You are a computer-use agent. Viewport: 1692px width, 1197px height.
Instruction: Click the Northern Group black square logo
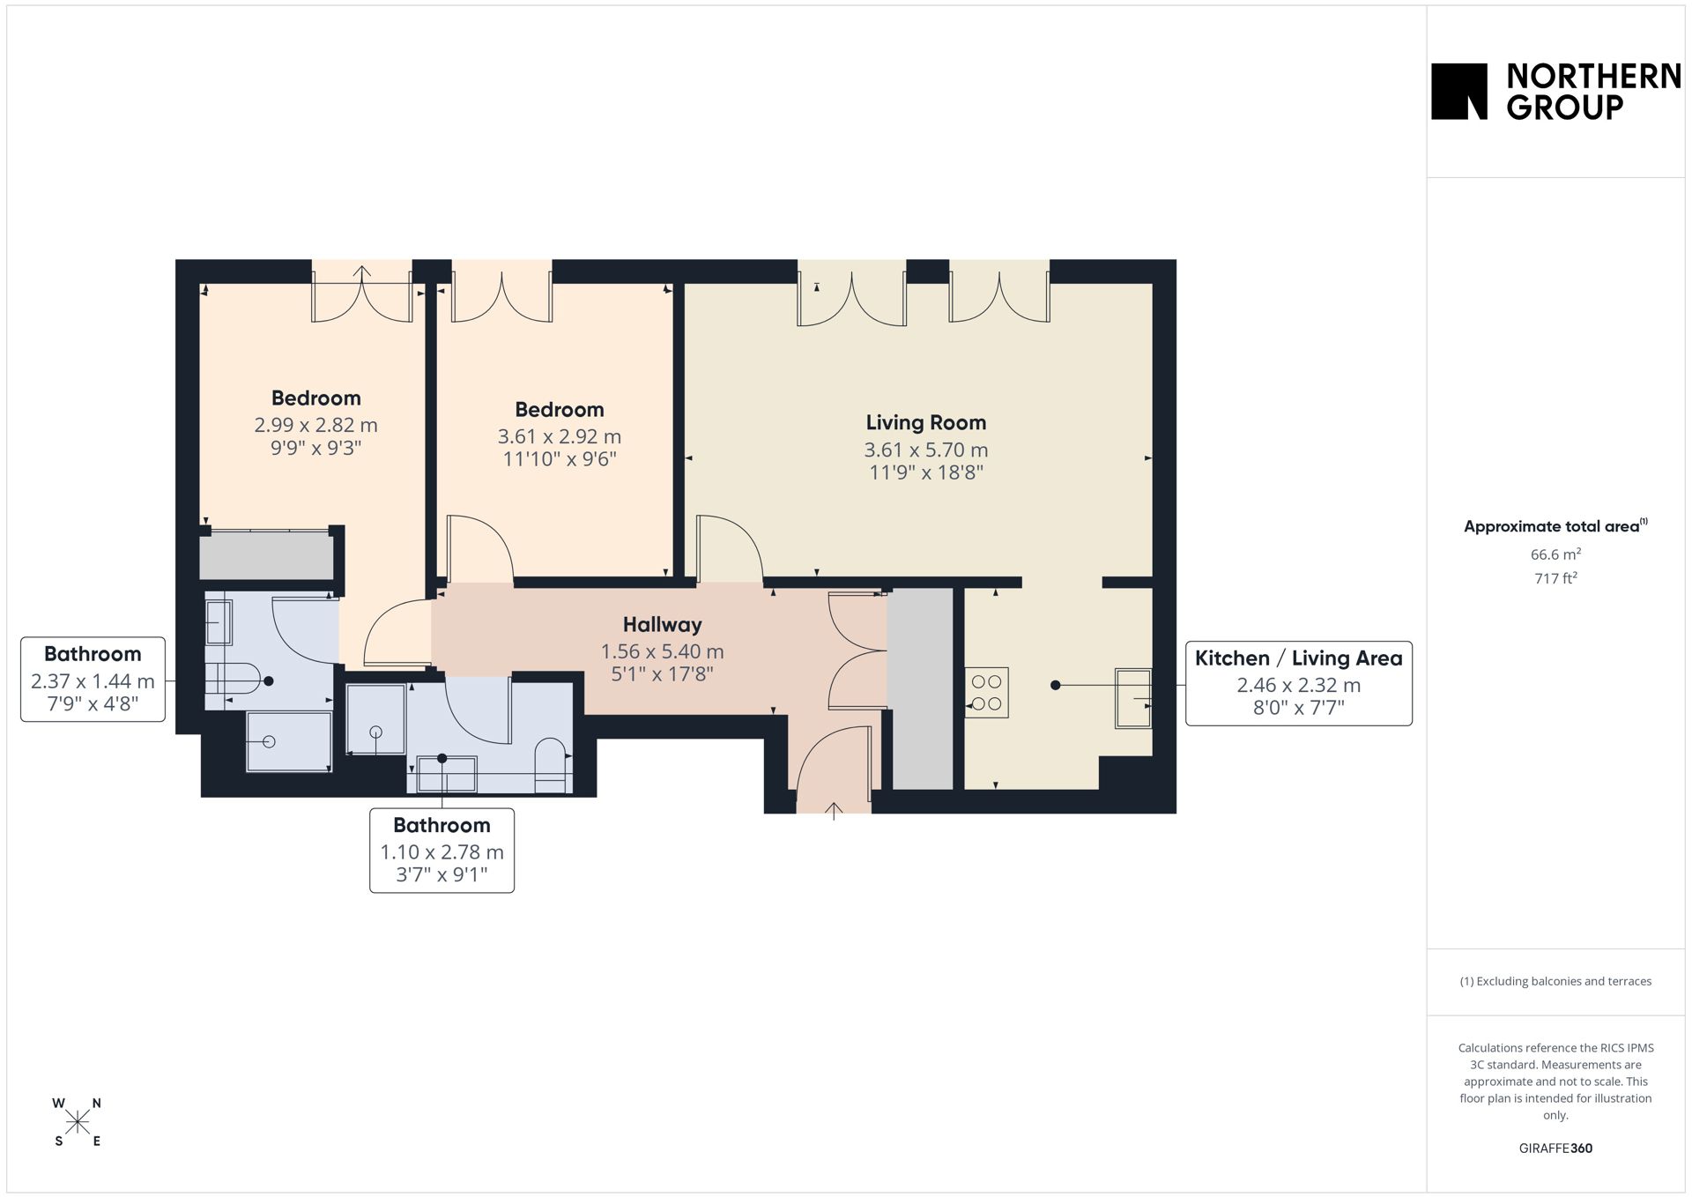pos(1458,91)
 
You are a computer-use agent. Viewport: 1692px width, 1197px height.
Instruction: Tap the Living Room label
pos(925,423)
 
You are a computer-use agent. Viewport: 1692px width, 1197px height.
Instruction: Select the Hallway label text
pos(662,625)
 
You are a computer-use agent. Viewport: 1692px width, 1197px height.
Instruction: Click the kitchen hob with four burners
pos(986,692)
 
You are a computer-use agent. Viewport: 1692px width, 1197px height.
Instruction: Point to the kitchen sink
pos(1133,698)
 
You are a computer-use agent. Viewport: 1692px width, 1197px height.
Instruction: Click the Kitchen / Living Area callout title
pos(1298,658)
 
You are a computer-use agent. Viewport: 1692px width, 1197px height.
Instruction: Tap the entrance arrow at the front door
pos(834,811)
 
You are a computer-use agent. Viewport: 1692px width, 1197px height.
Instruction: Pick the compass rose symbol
pos(78,1122)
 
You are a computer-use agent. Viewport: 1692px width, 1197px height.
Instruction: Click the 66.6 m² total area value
pos(1555,554)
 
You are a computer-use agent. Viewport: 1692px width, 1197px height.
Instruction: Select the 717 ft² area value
pos(1555,578)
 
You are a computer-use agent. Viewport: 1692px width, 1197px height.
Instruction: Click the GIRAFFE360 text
pos(1555,1148)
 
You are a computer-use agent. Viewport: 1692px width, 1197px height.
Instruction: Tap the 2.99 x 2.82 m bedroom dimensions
pos(315,425)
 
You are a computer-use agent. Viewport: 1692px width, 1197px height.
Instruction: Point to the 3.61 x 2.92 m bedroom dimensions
pos(559,436)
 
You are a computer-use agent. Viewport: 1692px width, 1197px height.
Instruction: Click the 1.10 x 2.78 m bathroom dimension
pos(442,852)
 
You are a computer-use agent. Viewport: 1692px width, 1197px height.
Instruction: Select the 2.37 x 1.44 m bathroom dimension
pos(93,681)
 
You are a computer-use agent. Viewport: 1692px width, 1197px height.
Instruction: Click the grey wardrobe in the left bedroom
pos(266,556)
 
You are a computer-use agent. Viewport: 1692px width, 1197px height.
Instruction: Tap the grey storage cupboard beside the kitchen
pos(920,688)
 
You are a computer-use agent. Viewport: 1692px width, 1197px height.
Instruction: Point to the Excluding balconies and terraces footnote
pos(1555,981)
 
